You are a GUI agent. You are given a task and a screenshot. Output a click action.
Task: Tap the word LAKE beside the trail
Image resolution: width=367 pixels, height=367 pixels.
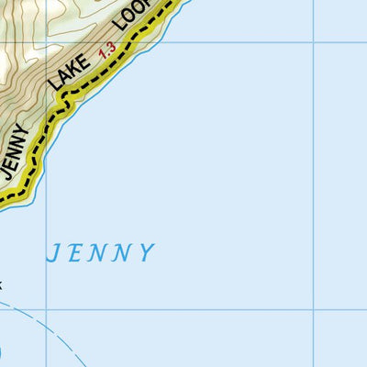(72, 72)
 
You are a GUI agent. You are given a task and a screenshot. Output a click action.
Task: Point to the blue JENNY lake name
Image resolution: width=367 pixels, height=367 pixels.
(101, 252)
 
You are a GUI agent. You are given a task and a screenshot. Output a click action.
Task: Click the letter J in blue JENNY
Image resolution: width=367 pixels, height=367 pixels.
(54, 253)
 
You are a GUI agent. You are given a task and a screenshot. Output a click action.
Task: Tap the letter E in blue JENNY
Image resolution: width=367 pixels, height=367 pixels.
(77, 252)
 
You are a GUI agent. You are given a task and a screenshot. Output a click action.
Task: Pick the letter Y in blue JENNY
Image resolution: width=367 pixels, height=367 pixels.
(146, 253)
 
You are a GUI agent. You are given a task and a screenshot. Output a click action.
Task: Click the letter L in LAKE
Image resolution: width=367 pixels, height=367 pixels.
(58, 89)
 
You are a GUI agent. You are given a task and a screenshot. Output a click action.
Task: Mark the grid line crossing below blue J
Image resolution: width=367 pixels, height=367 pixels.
(47, 310)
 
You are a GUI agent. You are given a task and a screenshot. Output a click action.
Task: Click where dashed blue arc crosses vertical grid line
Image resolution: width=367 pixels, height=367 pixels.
(47, 317)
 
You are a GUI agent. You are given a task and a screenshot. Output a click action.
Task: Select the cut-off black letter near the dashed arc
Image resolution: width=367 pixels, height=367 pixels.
(2, 285)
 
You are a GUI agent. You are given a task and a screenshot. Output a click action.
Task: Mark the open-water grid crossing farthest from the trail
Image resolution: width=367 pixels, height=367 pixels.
(314, 310)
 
